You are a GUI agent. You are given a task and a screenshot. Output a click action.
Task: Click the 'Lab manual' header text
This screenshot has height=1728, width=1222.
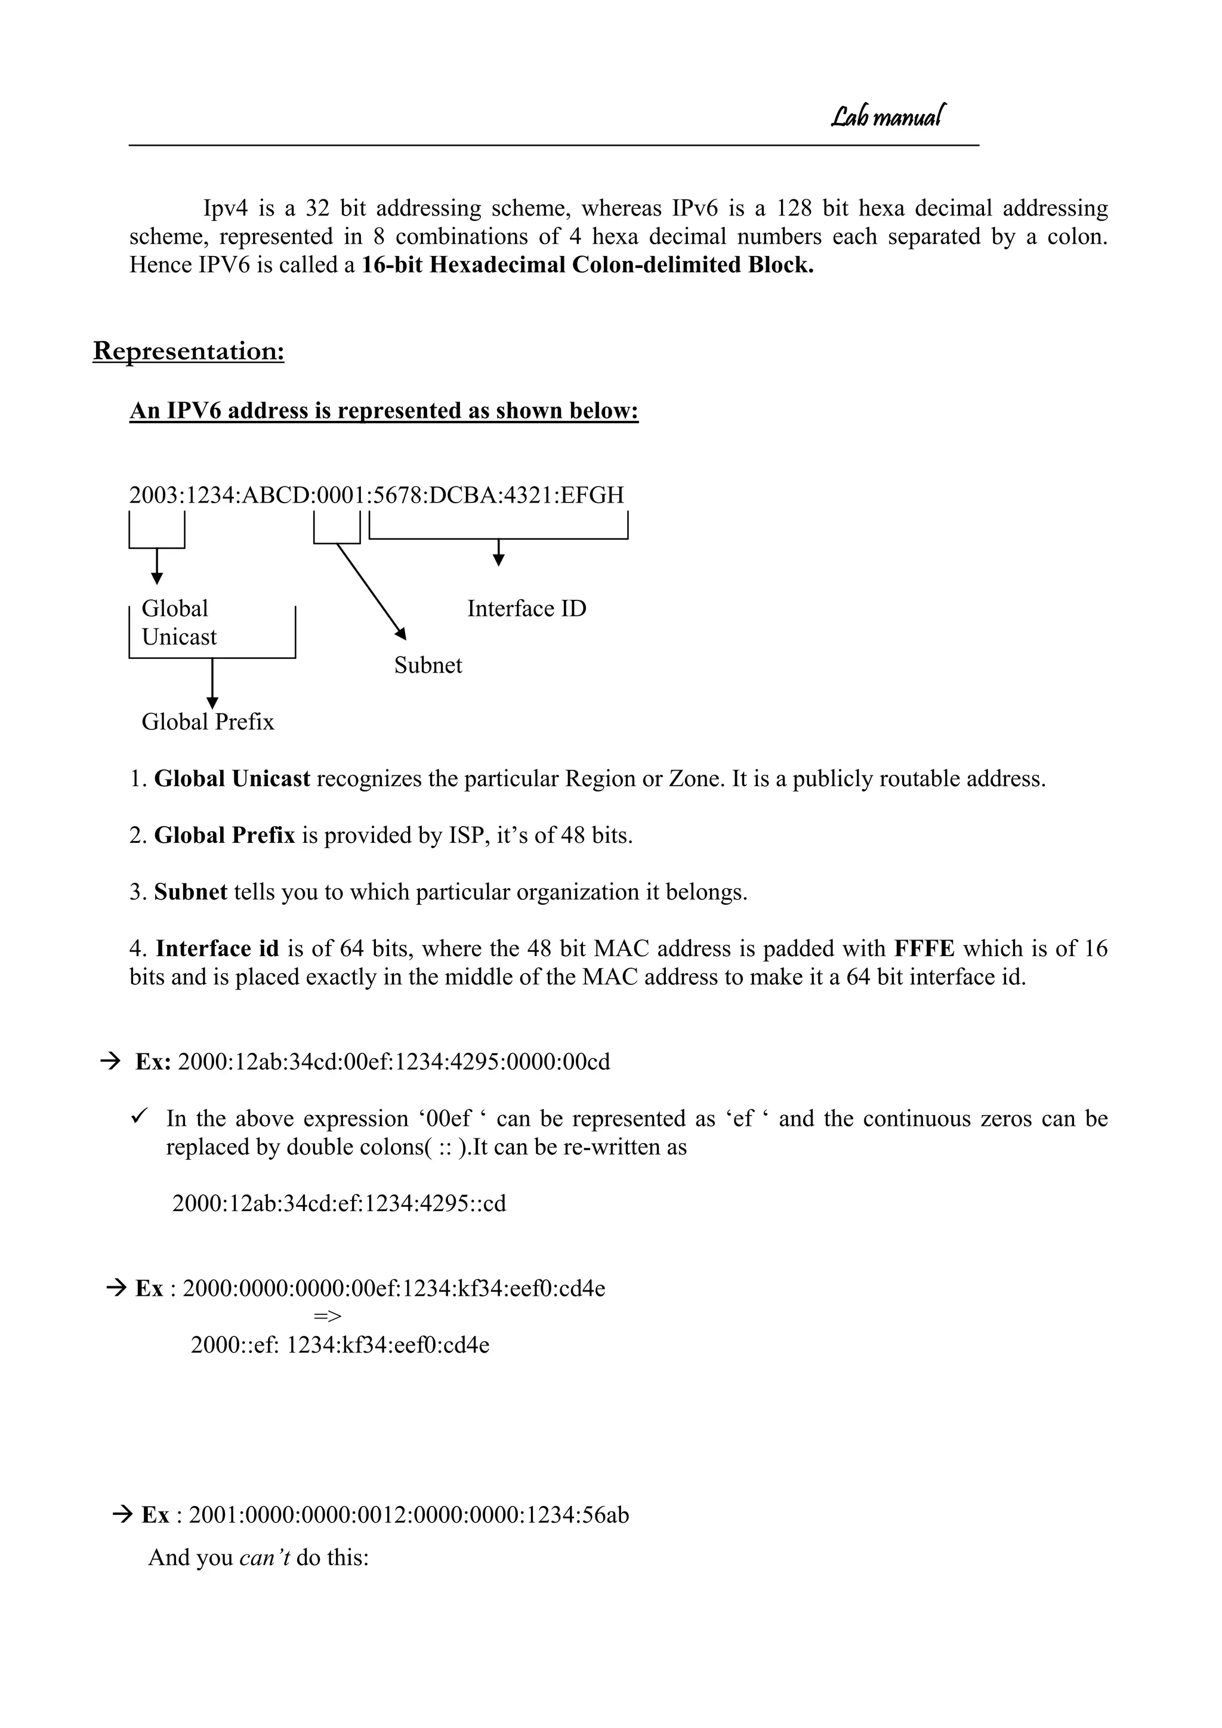pos(887,116)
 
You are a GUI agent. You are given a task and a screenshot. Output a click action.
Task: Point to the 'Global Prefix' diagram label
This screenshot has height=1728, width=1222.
pos(208,722)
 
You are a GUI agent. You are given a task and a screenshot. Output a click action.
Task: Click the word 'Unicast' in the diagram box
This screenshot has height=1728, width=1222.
pos(179,637)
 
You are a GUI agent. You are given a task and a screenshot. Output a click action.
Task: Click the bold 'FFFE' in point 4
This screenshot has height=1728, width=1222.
pos(924,949)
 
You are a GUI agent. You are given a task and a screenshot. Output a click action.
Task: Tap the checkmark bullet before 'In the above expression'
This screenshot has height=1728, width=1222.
pos(140,1117)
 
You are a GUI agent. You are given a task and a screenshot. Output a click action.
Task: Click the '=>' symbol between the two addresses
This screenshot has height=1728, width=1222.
pos(328,1316)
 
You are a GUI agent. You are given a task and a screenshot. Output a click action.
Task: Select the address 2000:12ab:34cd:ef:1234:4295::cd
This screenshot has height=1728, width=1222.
pos(340,1203)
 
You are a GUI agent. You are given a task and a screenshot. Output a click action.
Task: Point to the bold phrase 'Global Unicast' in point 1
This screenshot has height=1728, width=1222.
pos(232,779)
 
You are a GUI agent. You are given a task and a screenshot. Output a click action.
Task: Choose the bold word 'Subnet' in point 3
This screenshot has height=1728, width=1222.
pos(190,892)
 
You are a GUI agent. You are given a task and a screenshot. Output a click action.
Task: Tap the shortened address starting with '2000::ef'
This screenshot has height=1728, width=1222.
pos(340,1345)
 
